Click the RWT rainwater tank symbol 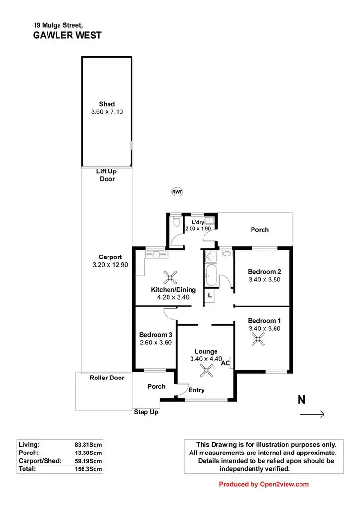click(x=177, y=192)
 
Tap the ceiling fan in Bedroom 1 click(x=258, y=340)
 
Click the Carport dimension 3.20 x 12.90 click(x=110, y=265)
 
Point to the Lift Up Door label click(x=107, y=175)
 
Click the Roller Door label click(x=107, y=378)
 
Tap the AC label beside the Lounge click(x=225, y=364)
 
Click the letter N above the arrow click(x=301, y=399)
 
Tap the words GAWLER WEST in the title click(x=67, y=35)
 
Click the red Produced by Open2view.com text click(x=264, y=484)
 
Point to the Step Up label click(x=146, y=412)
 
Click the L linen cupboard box click(x=210, y=296)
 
